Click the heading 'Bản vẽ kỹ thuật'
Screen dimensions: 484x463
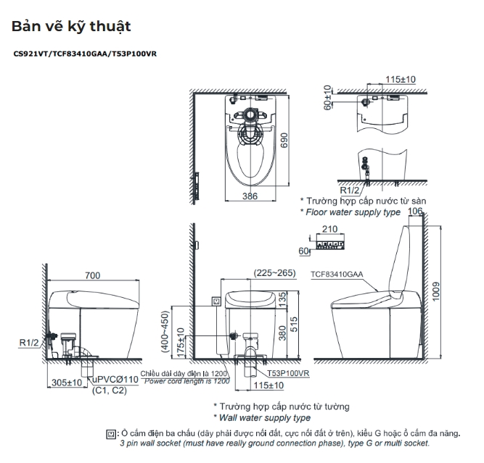coord(71,27)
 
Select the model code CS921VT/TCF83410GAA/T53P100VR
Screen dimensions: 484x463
coord(85,54)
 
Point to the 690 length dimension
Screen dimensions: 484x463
coord(284,141)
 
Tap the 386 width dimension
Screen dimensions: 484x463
coord(250,196)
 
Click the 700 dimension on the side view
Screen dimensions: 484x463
coord(93,275)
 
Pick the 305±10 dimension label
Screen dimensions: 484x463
coord(67,383)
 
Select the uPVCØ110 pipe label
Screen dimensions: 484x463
coord(115,380)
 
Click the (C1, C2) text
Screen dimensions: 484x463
coord(110,391)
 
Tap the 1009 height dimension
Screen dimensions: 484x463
coord(435,291)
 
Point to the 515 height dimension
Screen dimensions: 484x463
coord(294,325)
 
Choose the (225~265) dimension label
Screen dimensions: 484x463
coord(275,273)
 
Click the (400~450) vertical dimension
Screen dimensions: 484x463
coord(165,331)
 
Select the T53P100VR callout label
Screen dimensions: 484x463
coord(288,373)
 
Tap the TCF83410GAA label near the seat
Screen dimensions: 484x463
coord(337,275)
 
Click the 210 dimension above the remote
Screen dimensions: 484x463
coord(329,229)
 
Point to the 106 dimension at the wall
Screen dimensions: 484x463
coord(415,211)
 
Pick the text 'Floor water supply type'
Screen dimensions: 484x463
coord(353,212)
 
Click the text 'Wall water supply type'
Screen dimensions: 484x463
coord(265,418)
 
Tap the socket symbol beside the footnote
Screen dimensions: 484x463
coord(111,434)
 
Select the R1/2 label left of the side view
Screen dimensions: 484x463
coord(29,343)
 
